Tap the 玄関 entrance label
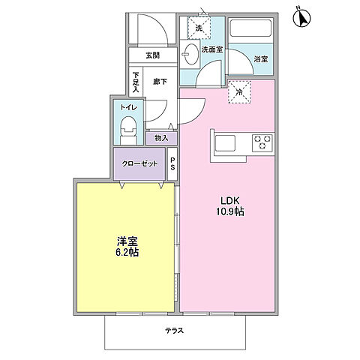152,55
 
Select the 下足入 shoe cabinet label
136,82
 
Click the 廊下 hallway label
160,81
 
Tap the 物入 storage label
161,138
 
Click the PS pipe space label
172,163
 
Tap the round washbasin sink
190,54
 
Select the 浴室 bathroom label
260,58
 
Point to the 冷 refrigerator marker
239,92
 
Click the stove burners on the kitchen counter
262,141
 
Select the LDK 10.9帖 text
231,206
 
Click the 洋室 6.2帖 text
126,247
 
